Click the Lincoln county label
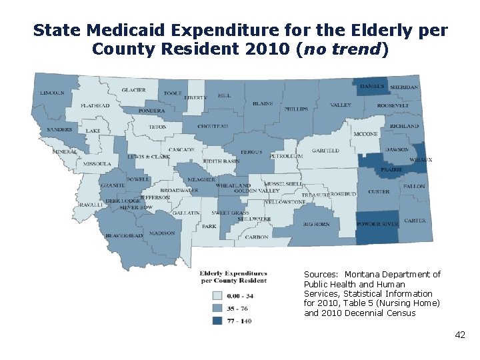point(53,93)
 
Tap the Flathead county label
point(95,106)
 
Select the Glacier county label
point(133,91)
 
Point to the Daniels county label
point(372,87)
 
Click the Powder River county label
point(377,224)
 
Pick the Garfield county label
point(325,151)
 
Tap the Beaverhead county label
point(124,236)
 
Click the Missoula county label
point(97,163)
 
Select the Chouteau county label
point(213,127)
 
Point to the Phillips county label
point(296,109)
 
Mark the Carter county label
point(415,221)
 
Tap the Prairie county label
point(391,170)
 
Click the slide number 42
point(460,335)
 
